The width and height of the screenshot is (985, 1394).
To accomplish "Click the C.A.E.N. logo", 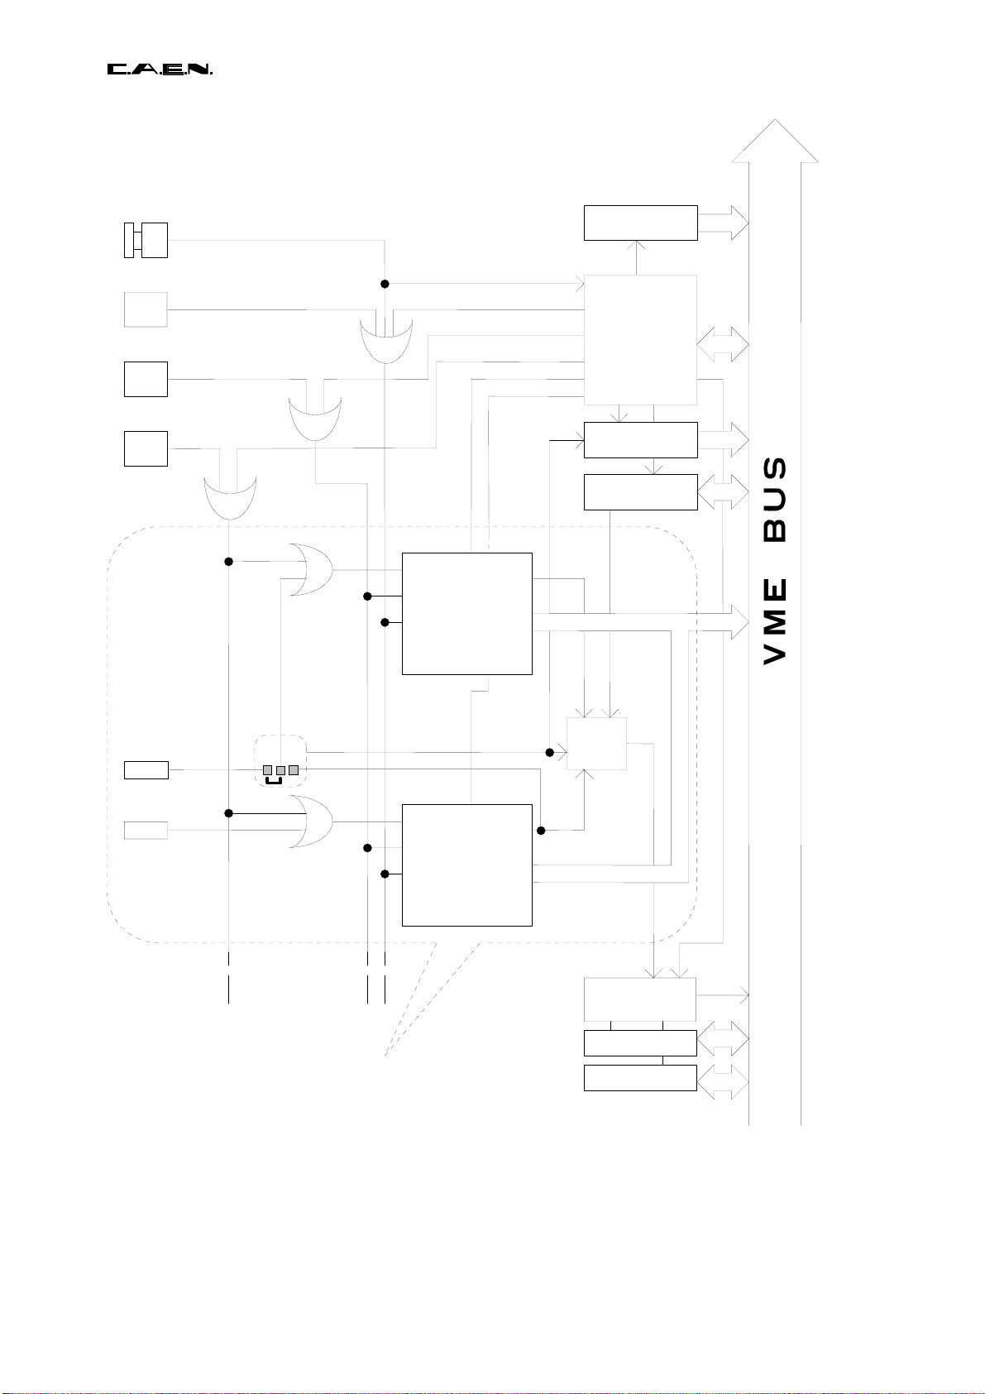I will click(160, 69).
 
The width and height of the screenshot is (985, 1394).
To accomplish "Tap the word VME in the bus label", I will click(775, 621).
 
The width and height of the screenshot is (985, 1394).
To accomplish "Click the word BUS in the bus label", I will click(775, 501).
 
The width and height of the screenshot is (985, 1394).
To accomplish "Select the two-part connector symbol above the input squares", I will click(146, 240).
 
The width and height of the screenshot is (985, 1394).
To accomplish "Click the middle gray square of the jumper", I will click(280, 770).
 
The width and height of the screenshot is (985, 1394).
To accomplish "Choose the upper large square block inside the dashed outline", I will click(466, 613).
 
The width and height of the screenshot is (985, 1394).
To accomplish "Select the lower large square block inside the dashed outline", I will click(466, 865).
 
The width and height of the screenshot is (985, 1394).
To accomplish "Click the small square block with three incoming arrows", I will click(596, 743).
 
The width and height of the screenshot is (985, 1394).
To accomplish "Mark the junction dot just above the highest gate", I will click(385, 284).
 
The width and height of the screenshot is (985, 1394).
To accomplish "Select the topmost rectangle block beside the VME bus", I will click(640, 223).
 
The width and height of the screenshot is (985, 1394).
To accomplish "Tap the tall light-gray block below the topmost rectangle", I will click(640, 339).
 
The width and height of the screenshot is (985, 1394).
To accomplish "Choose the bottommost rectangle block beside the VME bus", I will click(640, 1078).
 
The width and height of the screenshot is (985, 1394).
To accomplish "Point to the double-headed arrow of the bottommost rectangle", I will click(723, 1082).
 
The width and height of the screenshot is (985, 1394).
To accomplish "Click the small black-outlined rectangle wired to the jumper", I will click(146, 770).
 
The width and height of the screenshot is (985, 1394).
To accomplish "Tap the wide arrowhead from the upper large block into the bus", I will click(737, 621).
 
